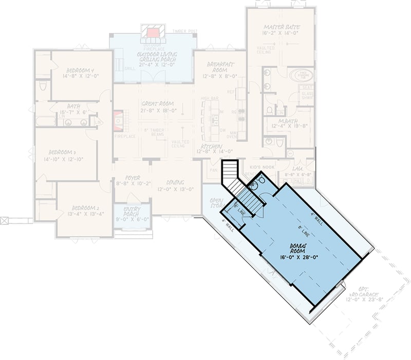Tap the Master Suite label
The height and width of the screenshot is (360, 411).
282,26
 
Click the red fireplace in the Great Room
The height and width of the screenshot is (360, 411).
118,121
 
